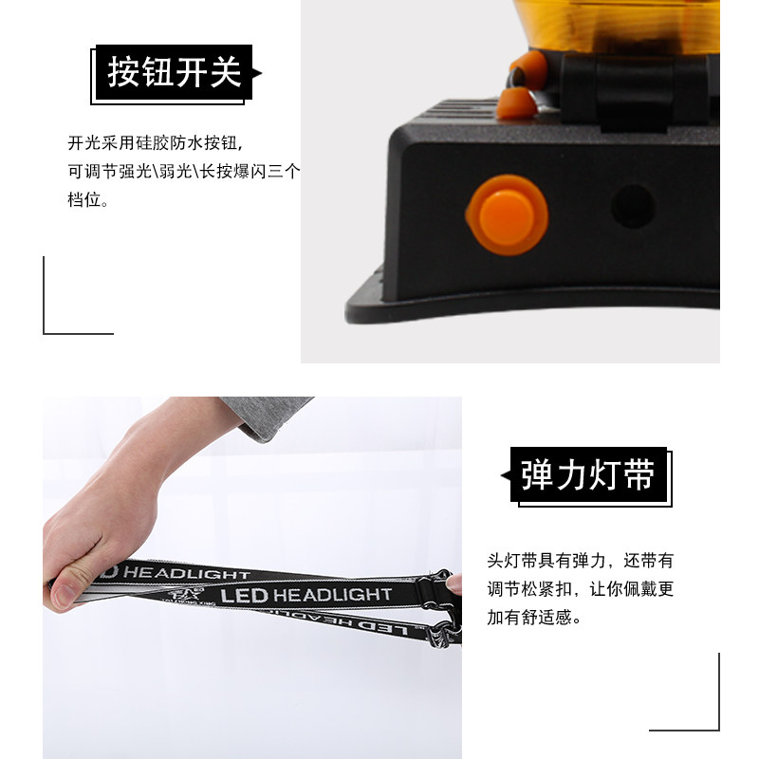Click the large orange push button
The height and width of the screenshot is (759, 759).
(507, 215)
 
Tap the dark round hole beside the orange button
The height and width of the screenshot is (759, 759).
(633, 207)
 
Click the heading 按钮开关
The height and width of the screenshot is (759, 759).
(175, 72)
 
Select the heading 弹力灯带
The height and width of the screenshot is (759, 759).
(587, 475)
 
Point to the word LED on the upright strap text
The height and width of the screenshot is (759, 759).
(244, 596)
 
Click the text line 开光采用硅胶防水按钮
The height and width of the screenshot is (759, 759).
(155, 143)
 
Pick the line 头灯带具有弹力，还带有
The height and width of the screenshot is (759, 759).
(580, 561)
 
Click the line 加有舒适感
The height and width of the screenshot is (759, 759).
(534, 618)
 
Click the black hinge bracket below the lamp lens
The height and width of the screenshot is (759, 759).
(635, 92)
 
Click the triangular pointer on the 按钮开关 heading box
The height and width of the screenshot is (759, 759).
(257, 73)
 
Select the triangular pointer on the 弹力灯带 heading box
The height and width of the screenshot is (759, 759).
(506, 476)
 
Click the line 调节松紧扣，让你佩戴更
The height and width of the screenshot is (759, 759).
(580, 589)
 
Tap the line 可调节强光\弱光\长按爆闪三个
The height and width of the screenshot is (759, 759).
(184, 171)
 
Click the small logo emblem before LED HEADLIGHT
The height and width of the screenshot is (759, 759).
(186, 595)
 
